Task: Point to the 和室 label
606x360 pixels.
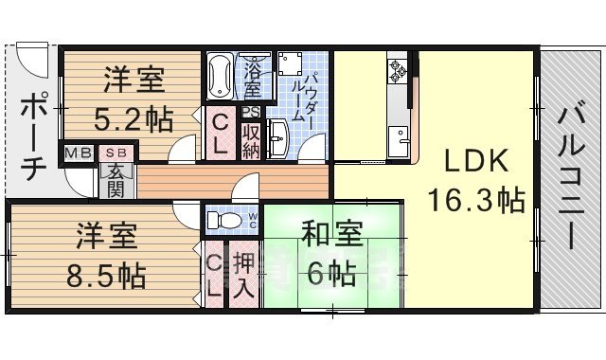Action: tap(329, 233)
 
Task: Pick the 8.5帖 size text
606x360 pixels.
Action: tap(106, 276)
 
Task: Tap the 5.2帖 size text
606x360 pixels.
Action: tap(134, 120)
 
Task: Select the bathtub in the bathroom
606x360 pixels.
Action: tap(220, 75)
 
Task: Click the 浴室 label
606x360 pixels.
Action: tap(254, 79)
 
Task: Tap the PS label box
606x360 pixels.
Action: tap(250, 111)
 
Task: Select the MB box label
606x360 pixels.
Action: tap(77, 151)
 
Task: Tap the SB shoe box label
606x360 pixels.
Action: tap(116, 151)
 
